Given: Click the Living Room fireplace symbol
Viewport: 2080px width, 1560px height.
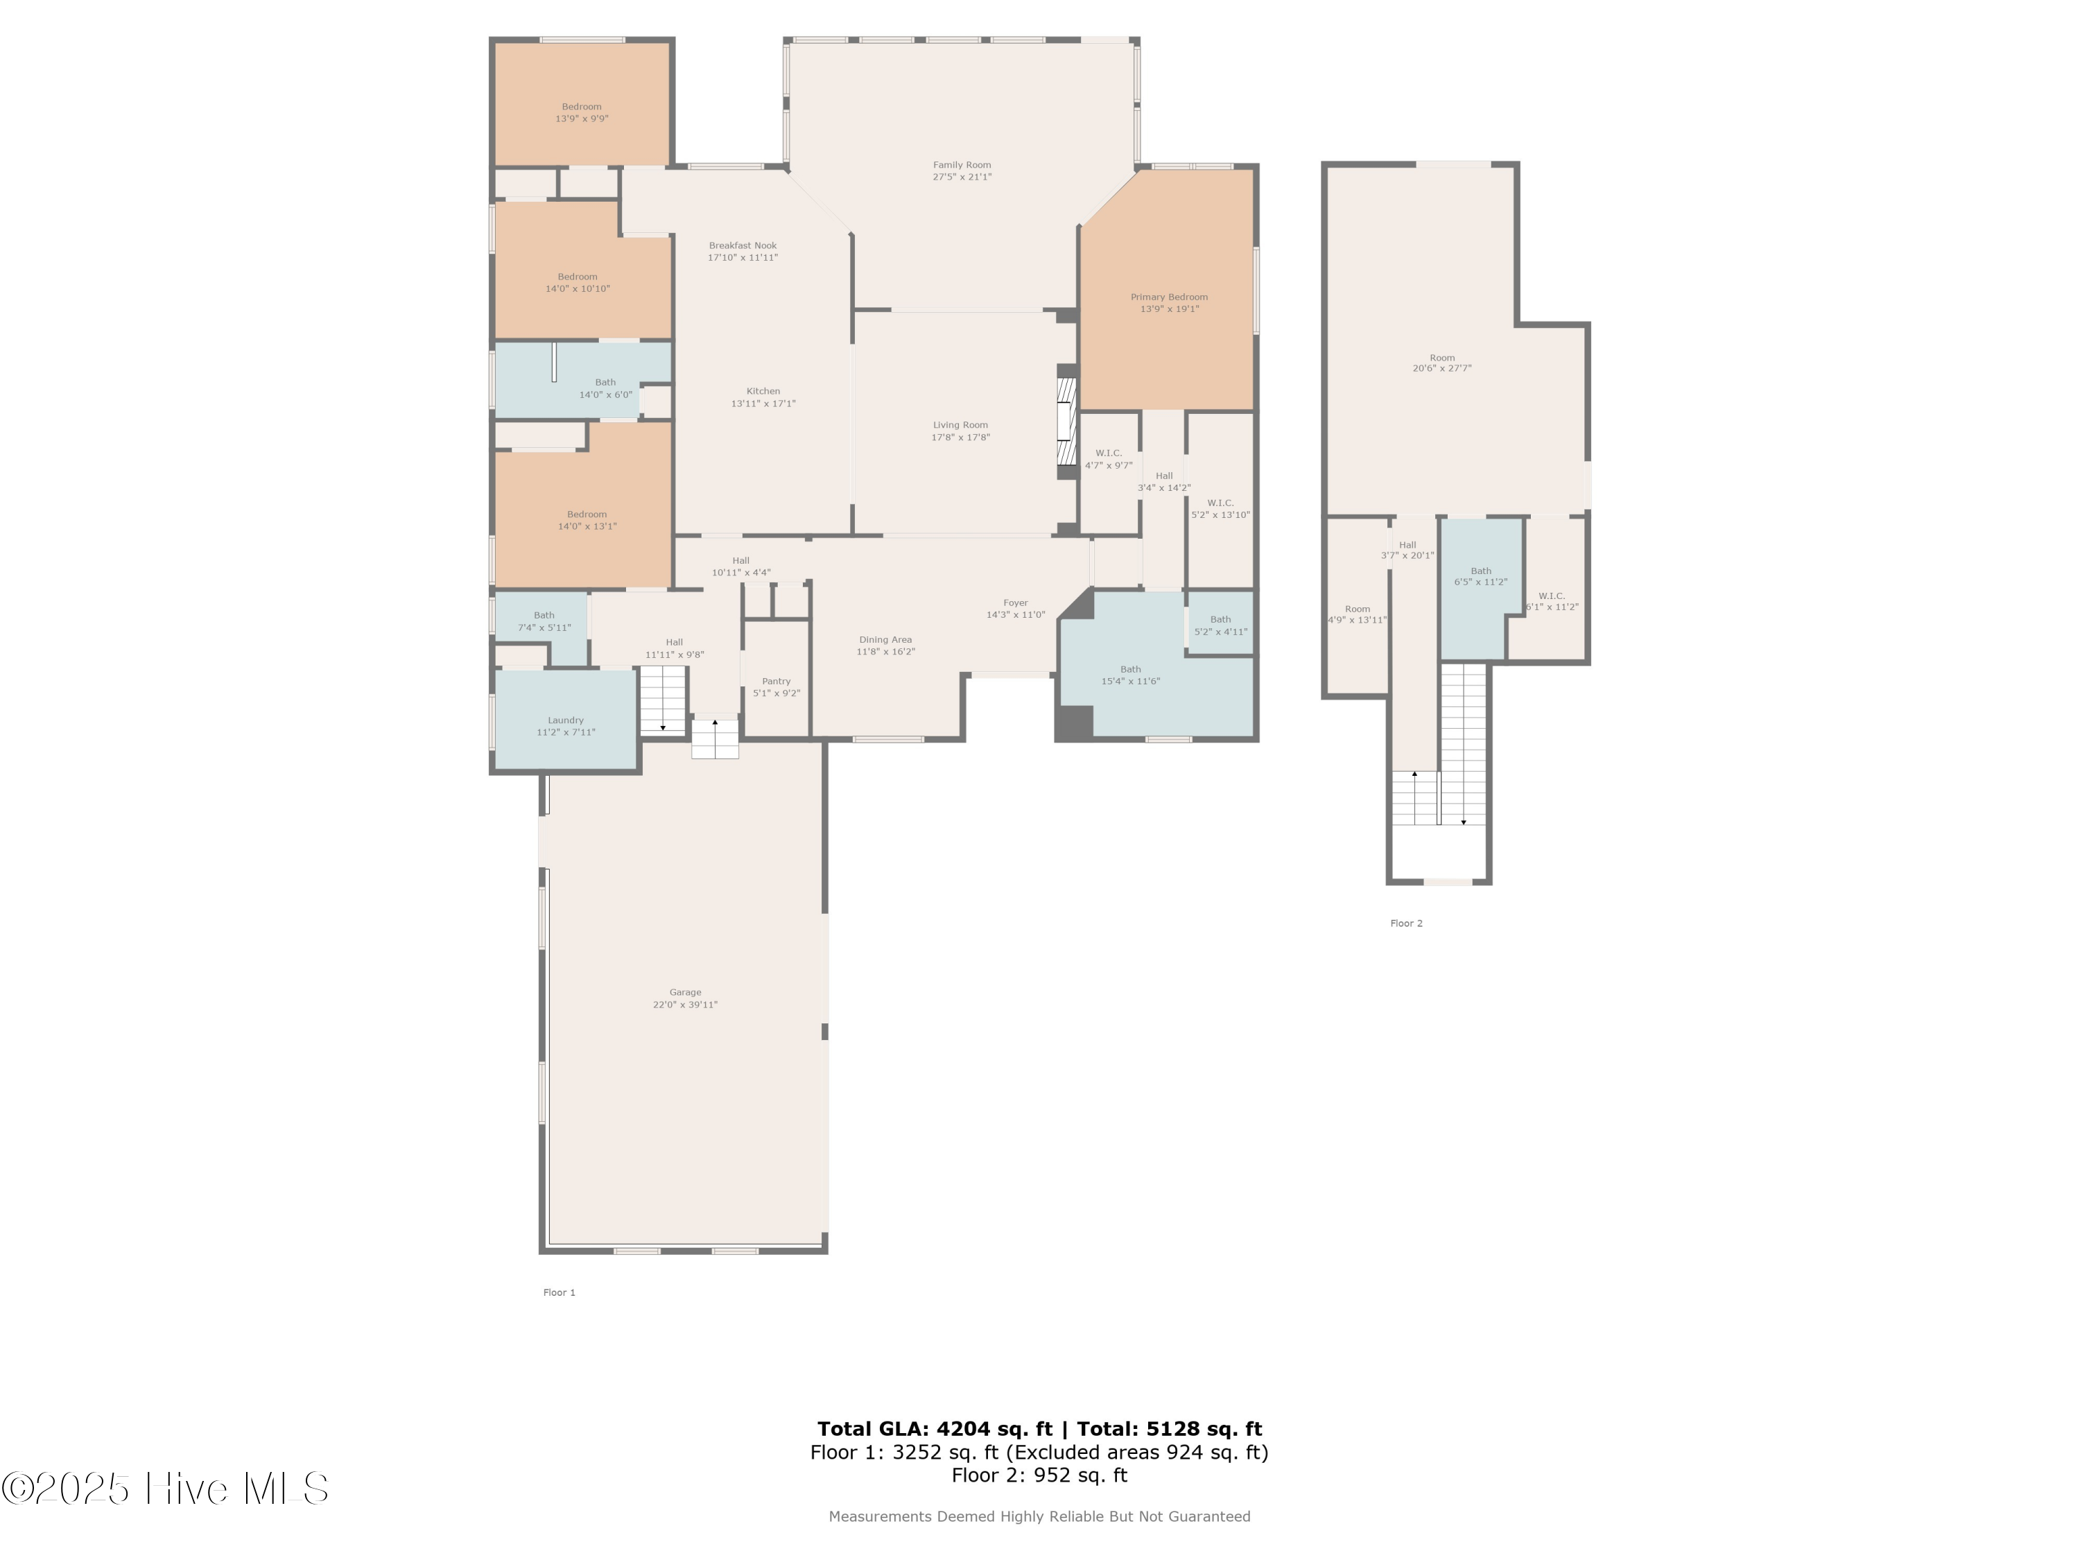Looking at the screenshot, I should pos(1066,422).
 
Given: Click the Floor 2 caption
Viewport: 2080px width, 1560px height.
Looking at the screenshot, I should pos(1406,924).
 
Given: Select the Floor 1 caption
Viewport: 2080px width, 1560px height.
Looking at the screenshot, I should pos(559,1292).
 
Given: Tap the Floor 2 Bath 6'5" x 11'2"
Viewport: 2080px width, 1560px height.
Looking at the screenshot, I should pos(1480,576).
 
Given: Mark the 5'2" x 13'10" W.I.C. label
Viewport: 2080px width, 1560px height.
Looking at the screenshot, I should pos(1220,509).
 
